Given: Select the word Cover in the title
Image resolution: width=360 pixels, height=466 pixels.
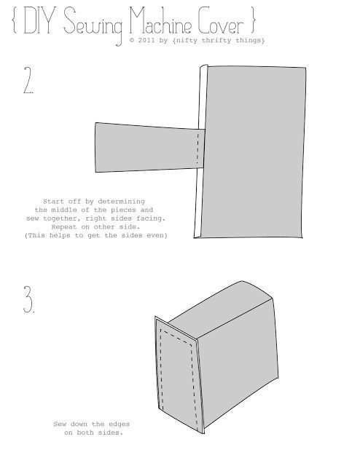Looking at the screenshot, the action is (x=221, y=21).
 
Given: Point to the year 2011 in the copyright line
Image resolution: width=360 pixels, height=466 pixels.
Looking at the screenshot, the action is (x=146, y=40).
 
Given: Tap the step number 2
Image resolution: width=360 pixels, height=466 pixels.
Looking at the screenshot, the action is (x=28, y=80).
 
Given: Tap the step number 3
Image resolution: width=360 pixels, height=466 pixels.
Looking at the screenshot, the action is (x=29, y=299).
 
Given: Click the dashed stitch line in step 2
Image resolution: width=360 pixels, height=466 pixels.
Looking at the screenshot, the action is (x=197, y=148).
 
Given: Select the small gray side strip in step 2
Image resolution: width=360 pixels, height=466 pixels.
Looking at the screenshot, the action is (x=149, y=147).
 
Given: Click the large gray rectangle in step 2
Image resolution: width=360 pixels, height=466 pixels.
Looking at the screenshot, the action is (x=253, y=151).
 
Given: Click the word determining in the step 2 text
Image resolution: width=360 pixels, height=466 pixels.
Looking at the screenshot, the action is (x=122, y=202).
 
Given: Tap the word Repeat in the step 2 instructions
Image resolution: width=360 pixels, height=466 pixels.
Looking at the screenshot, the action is (x=64, y=227).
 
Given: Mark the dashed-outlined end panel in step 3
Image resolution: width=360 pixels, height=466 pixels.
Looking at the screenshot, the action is (x=179, y=375).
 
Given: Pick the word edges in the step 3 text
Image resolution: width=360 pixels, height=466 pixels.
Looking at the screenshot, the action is (x=119, y=424).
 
